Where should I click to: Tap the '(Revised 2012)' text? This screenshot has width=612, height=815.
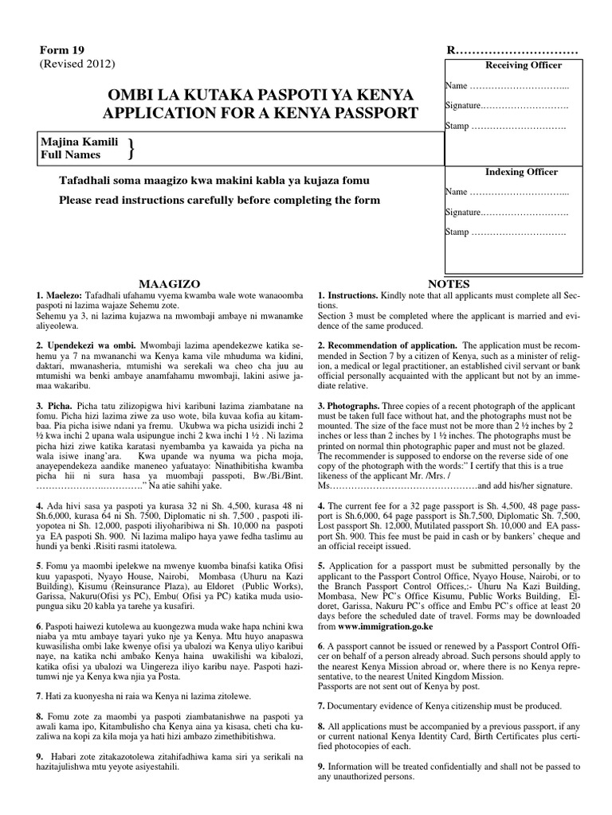(78, 64)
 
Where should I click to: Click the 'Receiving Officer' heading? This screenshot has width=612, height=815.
(523, 65)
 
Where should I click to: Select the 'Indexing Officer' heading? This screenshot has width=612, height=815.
(522, 172)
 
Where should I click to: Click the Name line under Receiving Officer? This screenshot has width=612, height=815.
(507, 85)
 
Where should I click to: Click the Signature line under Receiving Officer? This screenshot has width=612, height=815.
(507, 105)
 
